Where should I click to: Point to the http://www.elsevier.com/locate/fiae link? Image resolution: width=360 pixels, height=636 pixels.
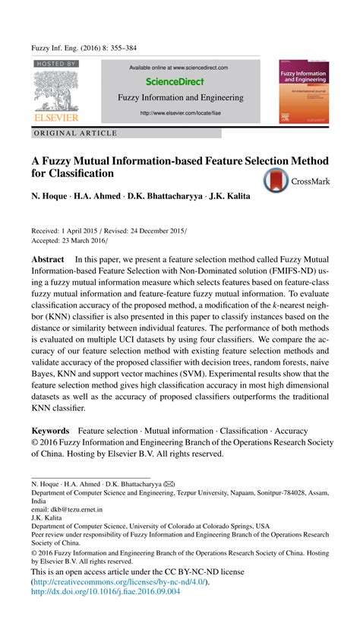[x=180, y=114]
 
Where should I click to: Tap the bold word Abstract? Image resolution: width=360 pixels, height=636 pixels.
[x=47, y=260]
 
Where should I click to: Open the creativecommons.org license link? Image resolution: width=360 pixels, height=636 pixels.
[x=119, y=581]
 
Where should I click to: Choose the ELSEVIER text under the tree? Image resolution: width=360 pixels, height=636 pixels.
[x=55, y=118]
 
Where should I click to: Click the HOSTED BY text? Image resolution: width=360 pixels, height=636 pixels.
[x=56, y=65]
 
